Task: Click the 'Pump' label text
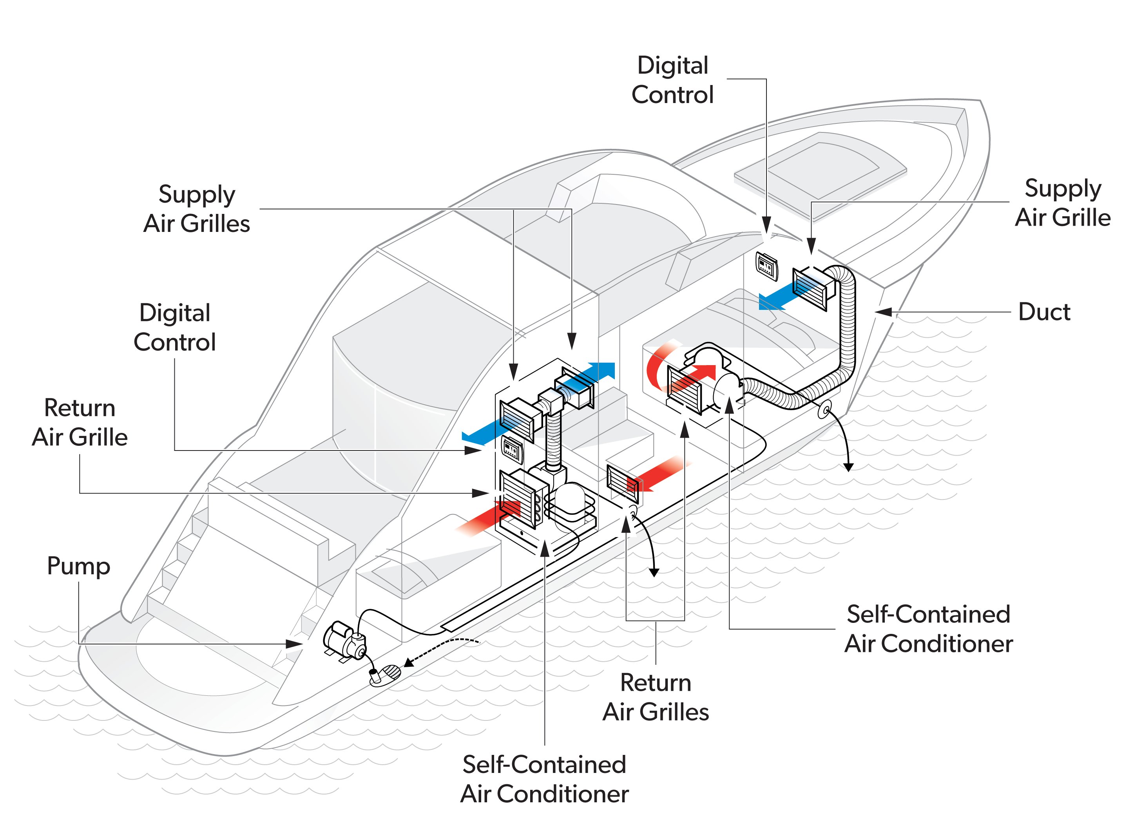pyautogui.click(x=78, y=566)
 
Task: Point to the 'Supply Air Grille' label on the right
pyautogui.click(x=1062, y=203)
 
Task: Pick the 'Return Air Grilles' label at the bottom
pyautogui.click(x=655, y=697)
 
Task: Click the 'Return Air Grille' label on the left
pyautogui.click(x=80, y=423)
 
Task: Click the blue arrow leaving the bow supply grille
pyautogui.click(x=782, y=298)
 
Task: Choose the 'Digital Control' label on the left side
pyautogui.click(x=175, y=328)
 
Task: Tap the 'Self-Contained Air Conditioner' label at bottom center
pyautogui.click(x=544, y=779)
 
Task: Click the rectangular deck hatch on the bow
pyautogui.click(x=820, y=172)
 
